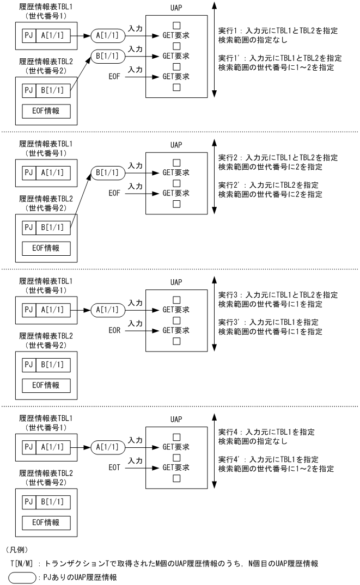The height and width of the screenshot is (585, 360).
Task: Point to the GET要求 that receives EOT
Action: pos(175,467)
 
